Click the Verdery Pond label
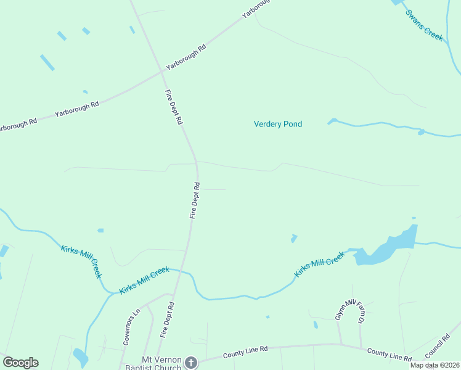tap(278, 124)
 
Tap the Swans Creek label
tap(424, 25)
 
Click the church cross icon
tap(191, 363)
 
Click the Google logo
tap(20, 363)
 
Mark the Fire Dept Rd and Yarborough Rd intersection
tap(162, 72)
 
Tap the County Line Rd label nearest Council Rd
tap(389, 354)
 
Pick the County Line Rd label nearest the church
tap(245, 352)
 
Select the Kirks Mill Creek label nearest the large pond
tap(319, 264)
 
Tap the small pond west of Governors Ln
tap(80, 356)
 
